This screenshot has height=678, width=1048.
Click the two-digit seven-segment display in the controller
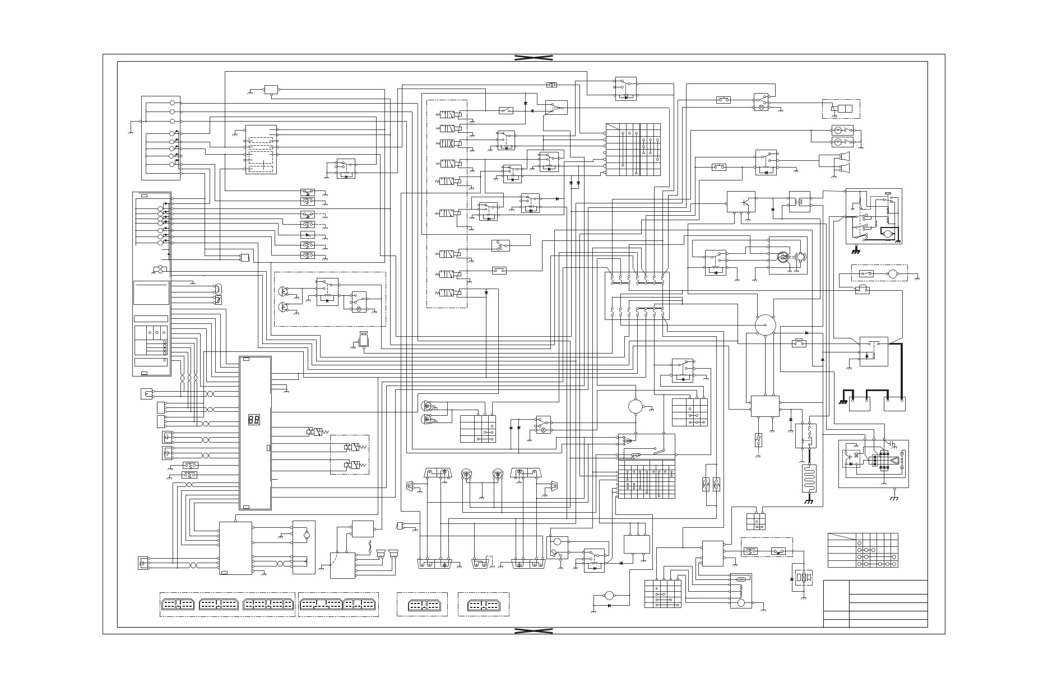click(253, 419)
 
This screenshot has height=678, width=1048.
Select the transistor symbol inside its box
click(741, 202)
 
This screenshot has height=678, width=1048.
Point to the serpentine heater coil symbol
click(808, 478)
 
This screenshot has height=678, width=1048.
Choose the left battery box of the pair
click(860, 403)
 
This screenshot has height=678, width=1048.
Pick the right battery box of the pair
click(894, 403)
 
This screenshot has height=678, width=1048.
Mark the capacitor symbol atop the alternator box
click(889, 443)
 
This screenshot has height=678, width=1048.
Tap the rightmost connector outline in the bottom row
click(484, 605)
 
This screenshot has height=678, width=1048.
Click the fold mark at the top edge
click(534, 58)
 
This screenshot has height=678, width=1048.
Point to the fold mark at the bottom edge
click(534, 631)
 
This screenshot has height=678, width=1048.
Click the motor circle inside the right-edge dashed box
click(893, 274)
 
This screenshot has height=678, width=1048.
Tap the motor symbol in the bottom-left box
click(306, 535)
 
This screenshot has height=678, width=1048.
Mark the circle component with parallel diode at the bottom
click(609, 596)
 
